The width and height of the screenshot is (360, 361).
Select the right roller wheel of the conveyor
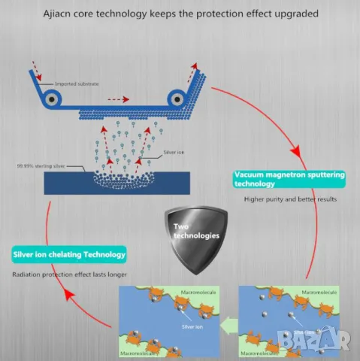[x=177, y=97]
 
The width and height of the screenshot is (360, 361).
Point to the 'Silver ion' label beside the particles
[x=174, y=152]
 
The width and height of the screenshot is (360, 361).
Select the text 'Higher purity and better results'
[x=289, y=200]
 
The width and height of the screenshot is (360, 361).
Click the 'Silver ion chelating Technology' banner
[x=69, y=254]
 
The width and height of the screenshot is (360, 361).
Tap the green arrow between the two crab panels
[x=228, y=323]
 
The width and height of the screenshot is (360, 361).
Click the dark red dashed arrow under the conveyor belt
[x=117, y=99]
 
